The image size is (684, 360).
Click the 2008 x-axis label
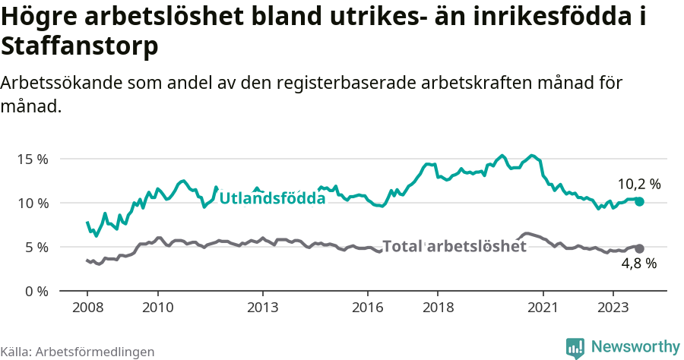[x=87, y=308]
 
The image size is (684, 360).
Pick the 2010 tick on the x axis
[x=157, y=308]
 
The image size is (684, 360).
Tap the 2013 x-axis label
[x=262, y=308]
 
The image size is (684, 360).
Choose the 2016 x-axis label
[x=367, y=308]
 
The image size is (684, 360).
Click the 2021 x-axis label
[x=543, y=308]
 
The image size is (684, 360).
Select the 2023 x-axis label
[x=613, y=308]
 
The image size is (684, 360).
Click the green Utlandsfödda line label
[x=272, y=198]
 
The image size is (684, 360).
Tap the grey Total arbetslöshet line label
[x=454, y=246]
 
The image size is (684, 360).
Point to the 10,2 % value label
[x=638, y=184]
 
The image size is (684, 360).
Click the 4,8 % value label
[x=638, y=264]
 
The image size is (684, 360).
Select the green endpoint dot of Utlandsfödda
[x=640, y=201]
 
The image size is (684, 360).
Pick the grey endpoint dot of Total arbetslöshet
[x=640, y=248]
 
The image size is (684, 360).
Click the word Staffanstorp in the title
[x=80, y=47]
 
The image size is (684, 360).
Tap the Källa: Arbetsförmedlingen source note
[x=77, y=352]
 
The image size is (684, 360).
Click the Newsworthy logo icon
[x=575, y=347]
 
